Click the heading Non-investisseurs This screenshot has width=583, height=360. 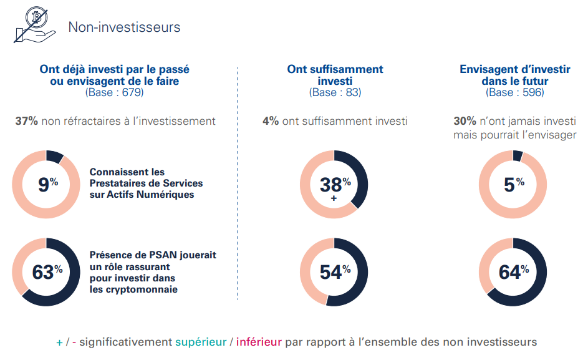coord(124,27)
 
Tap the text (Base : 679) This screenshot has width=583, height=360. coord(114,92)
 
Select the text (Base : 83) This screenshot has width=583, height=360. coord(335,92)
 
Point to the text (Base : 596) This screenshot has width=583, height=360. coord(514,92)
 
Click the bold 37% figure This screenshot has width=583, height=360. coord(26,121)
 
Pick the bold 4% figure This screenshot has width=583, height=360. coord(271,121)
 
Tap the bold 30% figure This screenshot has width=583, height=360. coord(465,121)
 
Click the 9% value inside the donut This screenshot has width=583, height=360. coord(47,184)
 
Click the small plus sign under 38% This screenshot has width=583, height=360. coord(334,198)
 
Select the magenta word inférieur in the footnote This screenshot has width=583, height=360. coord(259,342)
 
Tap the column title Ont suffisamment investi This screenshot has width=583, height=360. coord(335,75)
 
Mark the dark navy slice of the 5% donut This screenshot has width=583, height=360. coord(518,155)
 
